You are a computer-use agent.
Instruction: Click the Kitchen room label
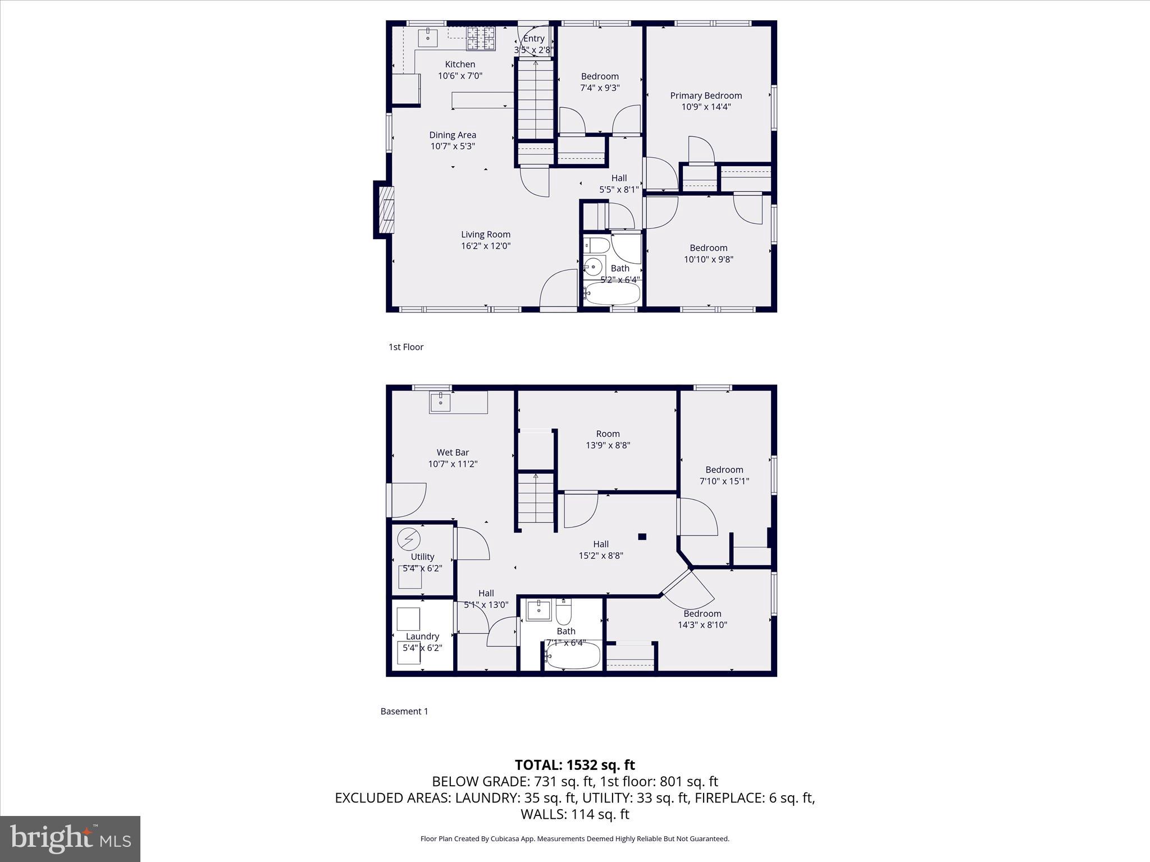click(x=460, y=65)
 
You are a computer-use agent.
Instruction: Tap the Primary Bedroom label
click(x=706, y=95)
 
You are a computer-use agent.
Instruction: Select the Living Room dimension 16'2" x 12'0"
click(x=486, y=246)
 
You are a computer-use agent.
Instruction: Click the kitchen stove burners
click(x=481, y=38)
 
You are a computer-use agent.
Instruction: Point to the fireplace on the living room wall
click(x=385, y=210)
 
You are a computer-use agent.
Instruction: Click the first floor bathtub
click(x=612, y=293)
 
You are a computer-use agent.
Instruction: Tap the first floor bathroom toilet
click(x=596, y=245)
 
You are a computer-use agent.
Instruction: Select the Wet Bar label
click(x=453, y=452)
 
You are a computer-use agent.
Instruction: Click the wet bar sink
click(x=441, y=401)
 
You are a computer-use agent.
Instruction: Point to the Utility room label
click(x=422, y=557)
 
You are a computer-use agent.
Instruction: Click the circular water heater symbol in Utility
click(x=408, y=539)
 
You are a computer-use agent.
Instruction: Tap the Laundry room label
click(x=422, y=636)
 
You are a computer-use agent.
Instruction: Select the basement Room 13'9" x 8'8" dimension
click(x=608, y=446)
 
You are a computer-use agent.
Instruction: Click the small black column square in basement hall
click(x=642, y=537)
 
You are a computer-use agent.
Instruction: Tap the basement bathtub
click(x=573, y=656)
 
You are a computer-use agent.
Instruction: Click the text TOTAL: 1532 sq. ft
click(x=574, y=765)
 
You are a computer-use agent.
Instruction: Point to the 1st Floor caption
click(x=406, y=347)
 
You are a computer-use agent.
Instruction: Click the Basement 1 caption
click(x=404, y=711)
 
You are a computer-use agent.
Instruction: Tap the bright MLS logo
click(x=70, y=838)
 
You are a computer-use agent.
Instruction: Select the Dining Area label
click(x=453, y=135)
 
